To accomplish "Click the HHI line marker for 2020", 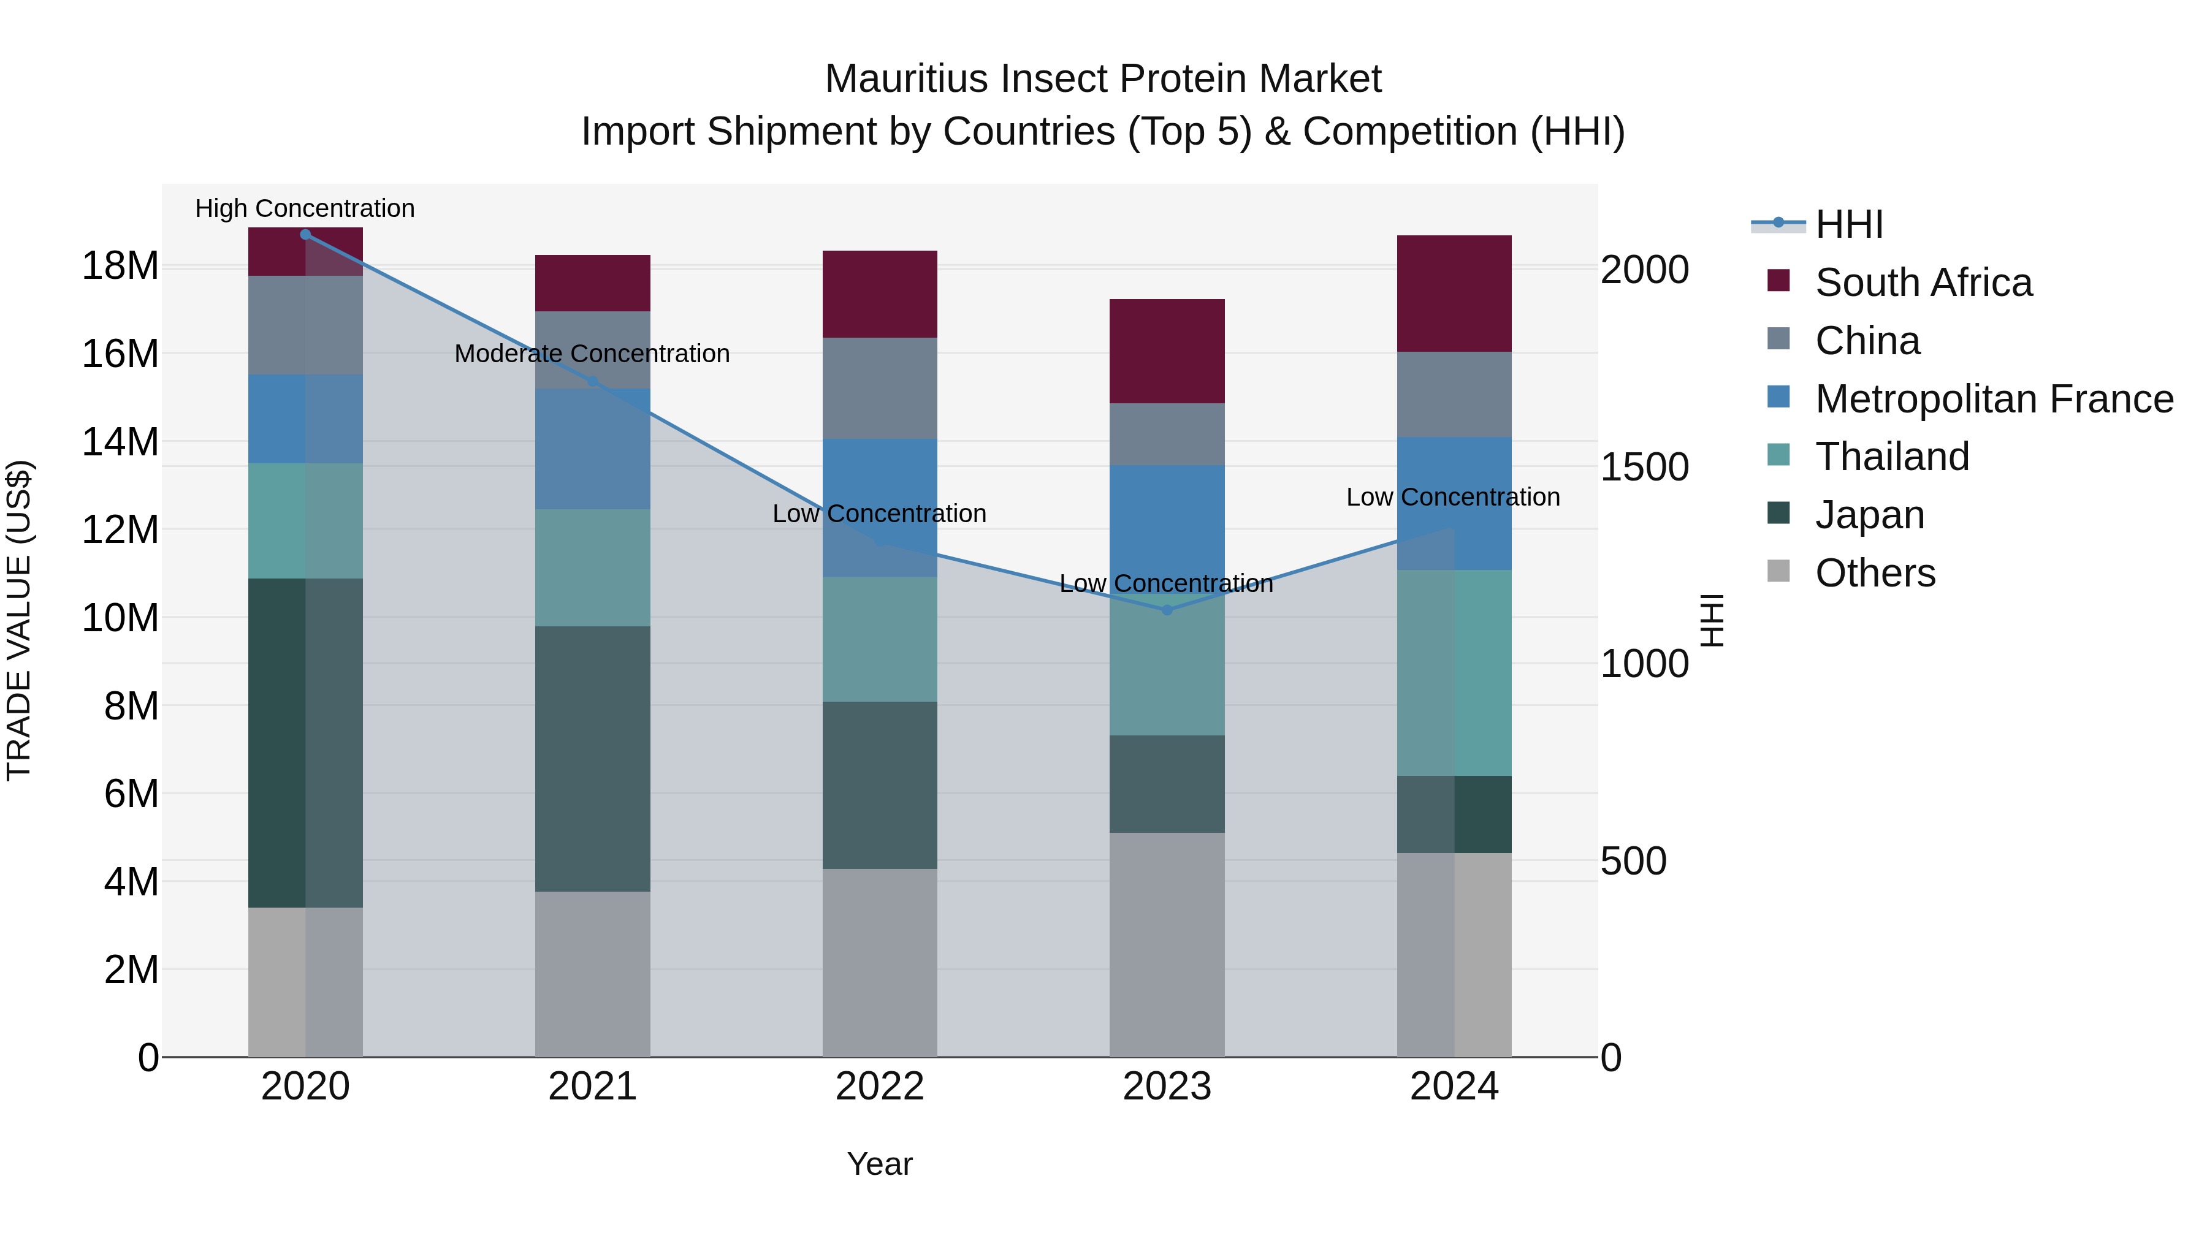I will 306,235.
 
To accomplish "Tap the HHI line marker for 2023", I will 1166,610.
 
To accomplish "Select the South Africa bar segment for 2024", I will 1454,293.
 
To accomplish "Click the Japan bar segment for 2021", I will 592,759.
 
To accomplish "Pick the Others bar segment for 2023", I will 1166,944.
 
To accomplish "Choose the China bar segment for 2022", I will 879,388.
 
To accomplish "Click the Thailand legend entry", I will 1892,457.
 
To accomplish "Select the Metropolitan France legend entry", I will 1994,399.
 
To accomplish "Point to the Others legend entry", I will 1875,573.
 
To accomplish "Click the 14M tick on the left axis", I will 120,442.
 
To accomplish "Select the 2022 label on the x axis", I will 879,1087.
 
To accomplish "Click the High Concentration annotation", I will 305,208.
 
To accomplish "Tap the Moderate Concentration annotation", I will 592,353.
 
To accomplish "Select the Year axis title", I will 879,1164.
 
